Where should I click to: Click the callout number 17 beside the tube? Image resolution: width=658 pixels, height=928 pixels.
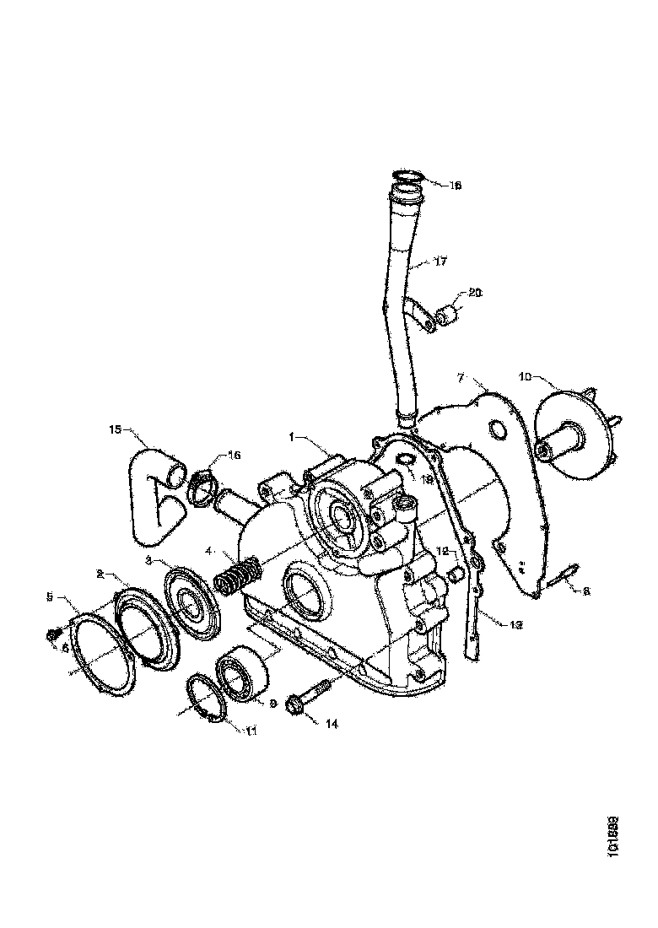(x=440, y=262)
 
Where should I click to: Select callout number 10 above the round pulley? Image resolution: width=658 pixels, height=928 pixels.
(x=525, y=377)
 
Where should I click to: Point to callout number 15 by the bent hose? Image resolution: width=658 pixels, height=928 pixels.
(x=116, y=429)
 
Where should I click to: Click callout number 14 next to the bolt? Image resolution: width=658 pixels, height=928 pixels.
(x=332, y=723)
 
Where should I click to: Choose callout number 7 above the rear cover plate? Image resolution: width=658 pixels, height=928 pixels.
(x=461, y=375)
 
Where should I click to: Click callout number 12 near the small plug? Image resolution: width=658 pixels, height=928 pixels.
(x=441, y=550)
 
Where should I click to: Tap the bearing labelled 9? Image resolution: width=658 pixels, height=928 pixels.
(x=244, y=677)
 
